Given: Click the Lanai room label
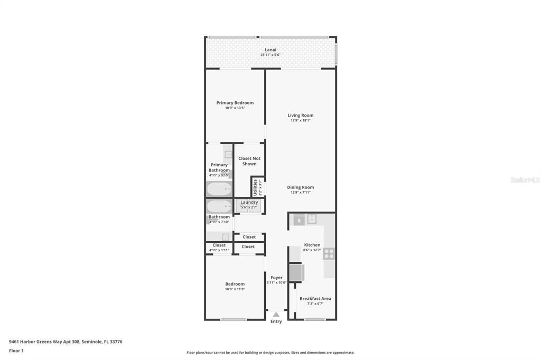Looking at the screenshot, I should (270, 50).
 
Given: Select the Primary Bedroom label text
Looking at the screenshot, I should (235, 103).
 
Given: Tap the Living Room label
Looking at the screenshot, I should (300, 115).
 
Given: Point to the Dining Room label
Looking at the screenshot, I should (300, 187).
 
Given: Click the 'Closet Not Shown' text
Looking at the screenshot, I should (249, 161).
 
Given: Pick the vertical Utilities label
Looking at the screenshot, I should (255, 187).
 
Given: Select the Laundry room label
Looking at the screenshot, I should (249, 202).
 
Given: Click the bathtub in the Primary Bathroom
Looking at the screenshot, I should (219, 189).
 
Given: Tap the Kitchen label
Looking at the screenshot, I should (312, 245).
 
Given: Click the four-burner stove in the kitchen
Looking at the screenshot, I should (329, 253).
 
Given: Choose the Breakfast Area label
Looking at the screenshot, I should (315, 299).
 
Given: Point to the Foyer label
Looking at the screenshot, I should (276, 278).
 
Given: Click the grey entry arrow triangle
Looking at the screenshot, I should (276, 315).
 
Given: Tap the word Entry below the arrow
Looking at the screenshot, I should (276, 321).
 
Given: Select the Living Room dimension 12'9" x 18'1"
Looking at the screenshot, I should (300, 120).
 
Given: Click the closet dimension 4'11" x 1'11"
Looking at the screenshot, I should (219, 250).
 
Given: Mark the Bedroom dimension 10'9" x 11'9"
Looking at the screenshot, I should (235, 289).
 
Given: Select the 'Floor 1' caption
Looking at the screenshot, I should (16, 350).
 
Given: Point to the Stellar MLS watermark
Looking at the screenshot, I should (525, 180).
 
